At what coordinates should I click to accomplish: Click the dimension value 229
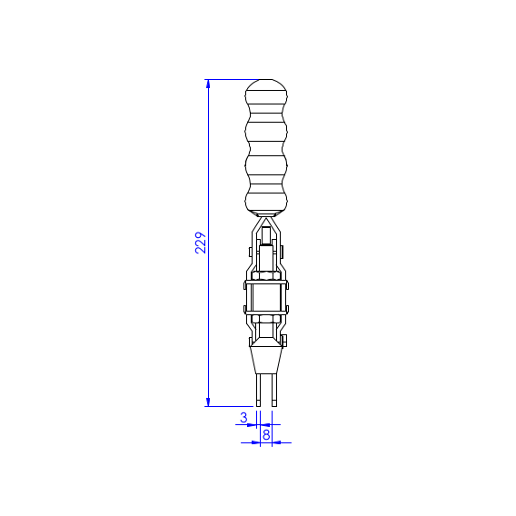[x=201, y=243]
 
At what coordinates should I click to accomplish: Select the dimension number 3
[x=243, y=417]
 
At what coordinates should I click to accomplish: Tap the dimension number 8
[x=266, y=435]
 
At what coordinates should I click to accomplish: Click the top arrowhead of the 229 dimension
[x=208, y=84]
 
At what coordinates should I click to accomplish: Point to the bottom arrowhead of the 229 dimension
[x=208, y=402]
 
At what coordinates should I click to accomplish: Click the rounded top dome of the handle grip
[x=266, y=84]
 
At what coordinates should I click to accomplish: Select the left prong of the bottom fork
[x=258, y=390]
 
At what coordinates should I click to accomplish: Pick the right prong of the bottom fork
[x=274, y=390]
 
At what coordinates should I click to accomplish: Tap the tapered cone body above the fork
[x=266, y=360]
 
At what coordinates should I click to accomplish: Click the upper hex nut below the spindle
[x=266, y=275]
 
